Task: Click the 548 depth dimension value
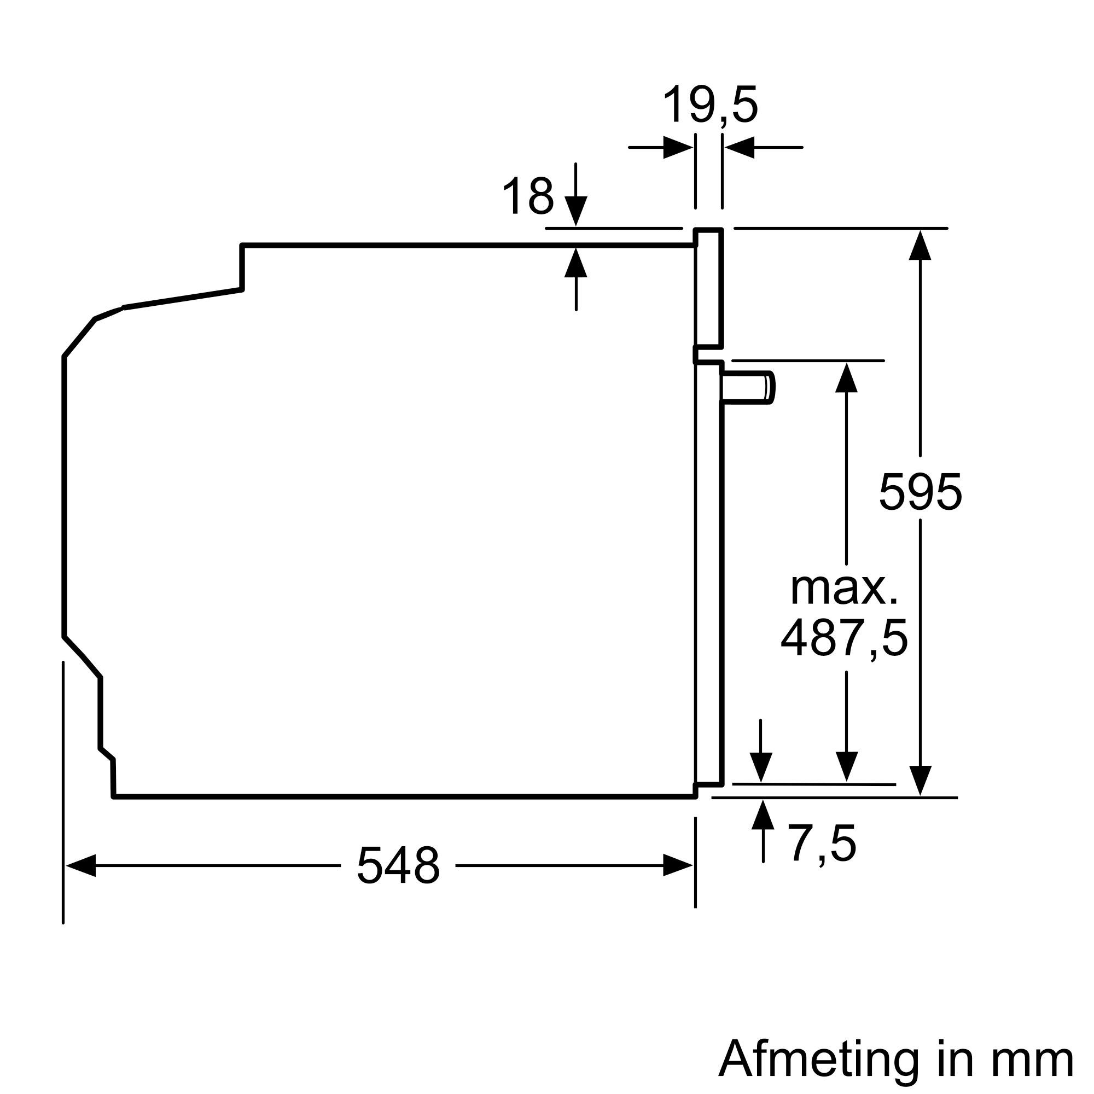point(398,866)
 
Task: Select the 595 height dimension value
point(920,492)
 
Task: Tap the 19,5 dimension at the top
point(709,106)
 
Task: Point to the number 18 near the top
point(527,196)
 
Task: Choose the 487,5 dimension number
point(843,638)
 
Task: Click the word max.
point(843,589)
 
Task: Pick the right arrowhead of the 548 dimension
point(678,866)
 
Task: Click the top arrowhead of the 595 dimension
point(920,245)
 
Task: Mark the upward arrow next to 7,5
point(763,816)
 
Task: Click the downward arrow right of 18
point(576,211)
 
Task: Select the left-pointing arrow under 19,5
point(740,147)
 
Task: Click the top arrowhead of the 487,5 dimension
point(846,377)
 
